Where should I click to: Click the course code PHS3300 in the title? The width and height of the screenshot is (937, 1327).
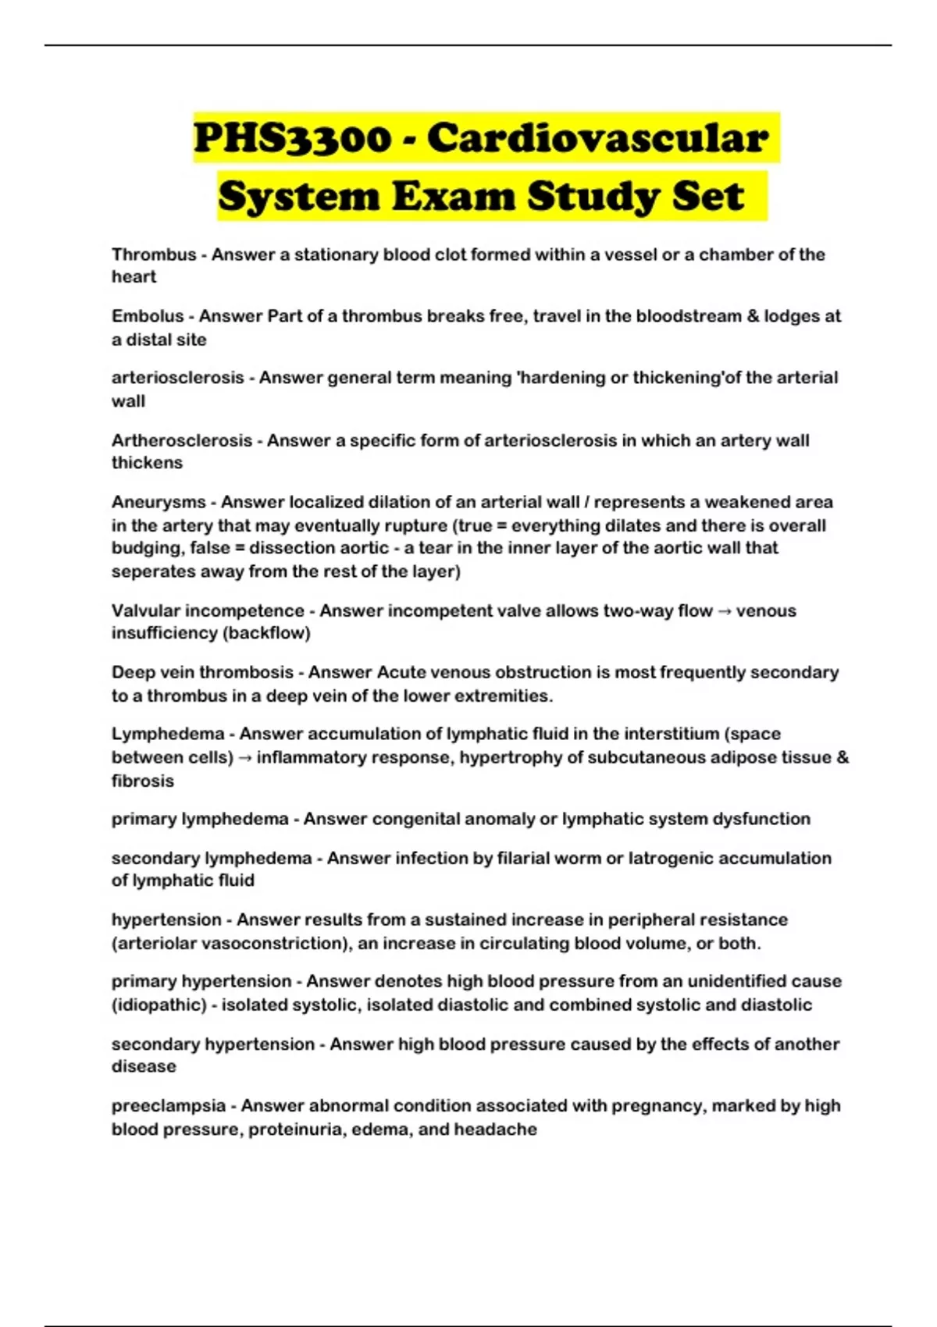click(x=292, y=139)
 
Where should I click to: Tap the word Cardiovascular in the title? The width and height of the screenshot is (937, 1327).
click(x=597, y=139)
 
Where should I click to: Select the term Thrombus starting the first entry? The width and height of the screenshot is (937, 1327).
click(x=154, y=254)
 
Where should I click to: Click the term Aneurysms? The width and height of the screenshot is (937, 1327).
click(x=159, y=502)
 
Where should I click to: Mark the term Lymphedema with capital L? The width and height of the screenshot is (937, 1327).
click(x=168, y=734)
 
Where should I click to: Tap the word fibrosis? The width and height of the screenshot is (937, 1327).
click(x=143, y=781)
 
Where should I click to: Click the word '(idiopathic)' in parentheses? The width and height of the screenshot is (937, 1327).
click(x=159, y=1005)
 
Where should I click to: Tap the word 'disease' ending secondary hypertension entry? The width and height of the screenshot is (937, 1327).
click(x=144, y=1066)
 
